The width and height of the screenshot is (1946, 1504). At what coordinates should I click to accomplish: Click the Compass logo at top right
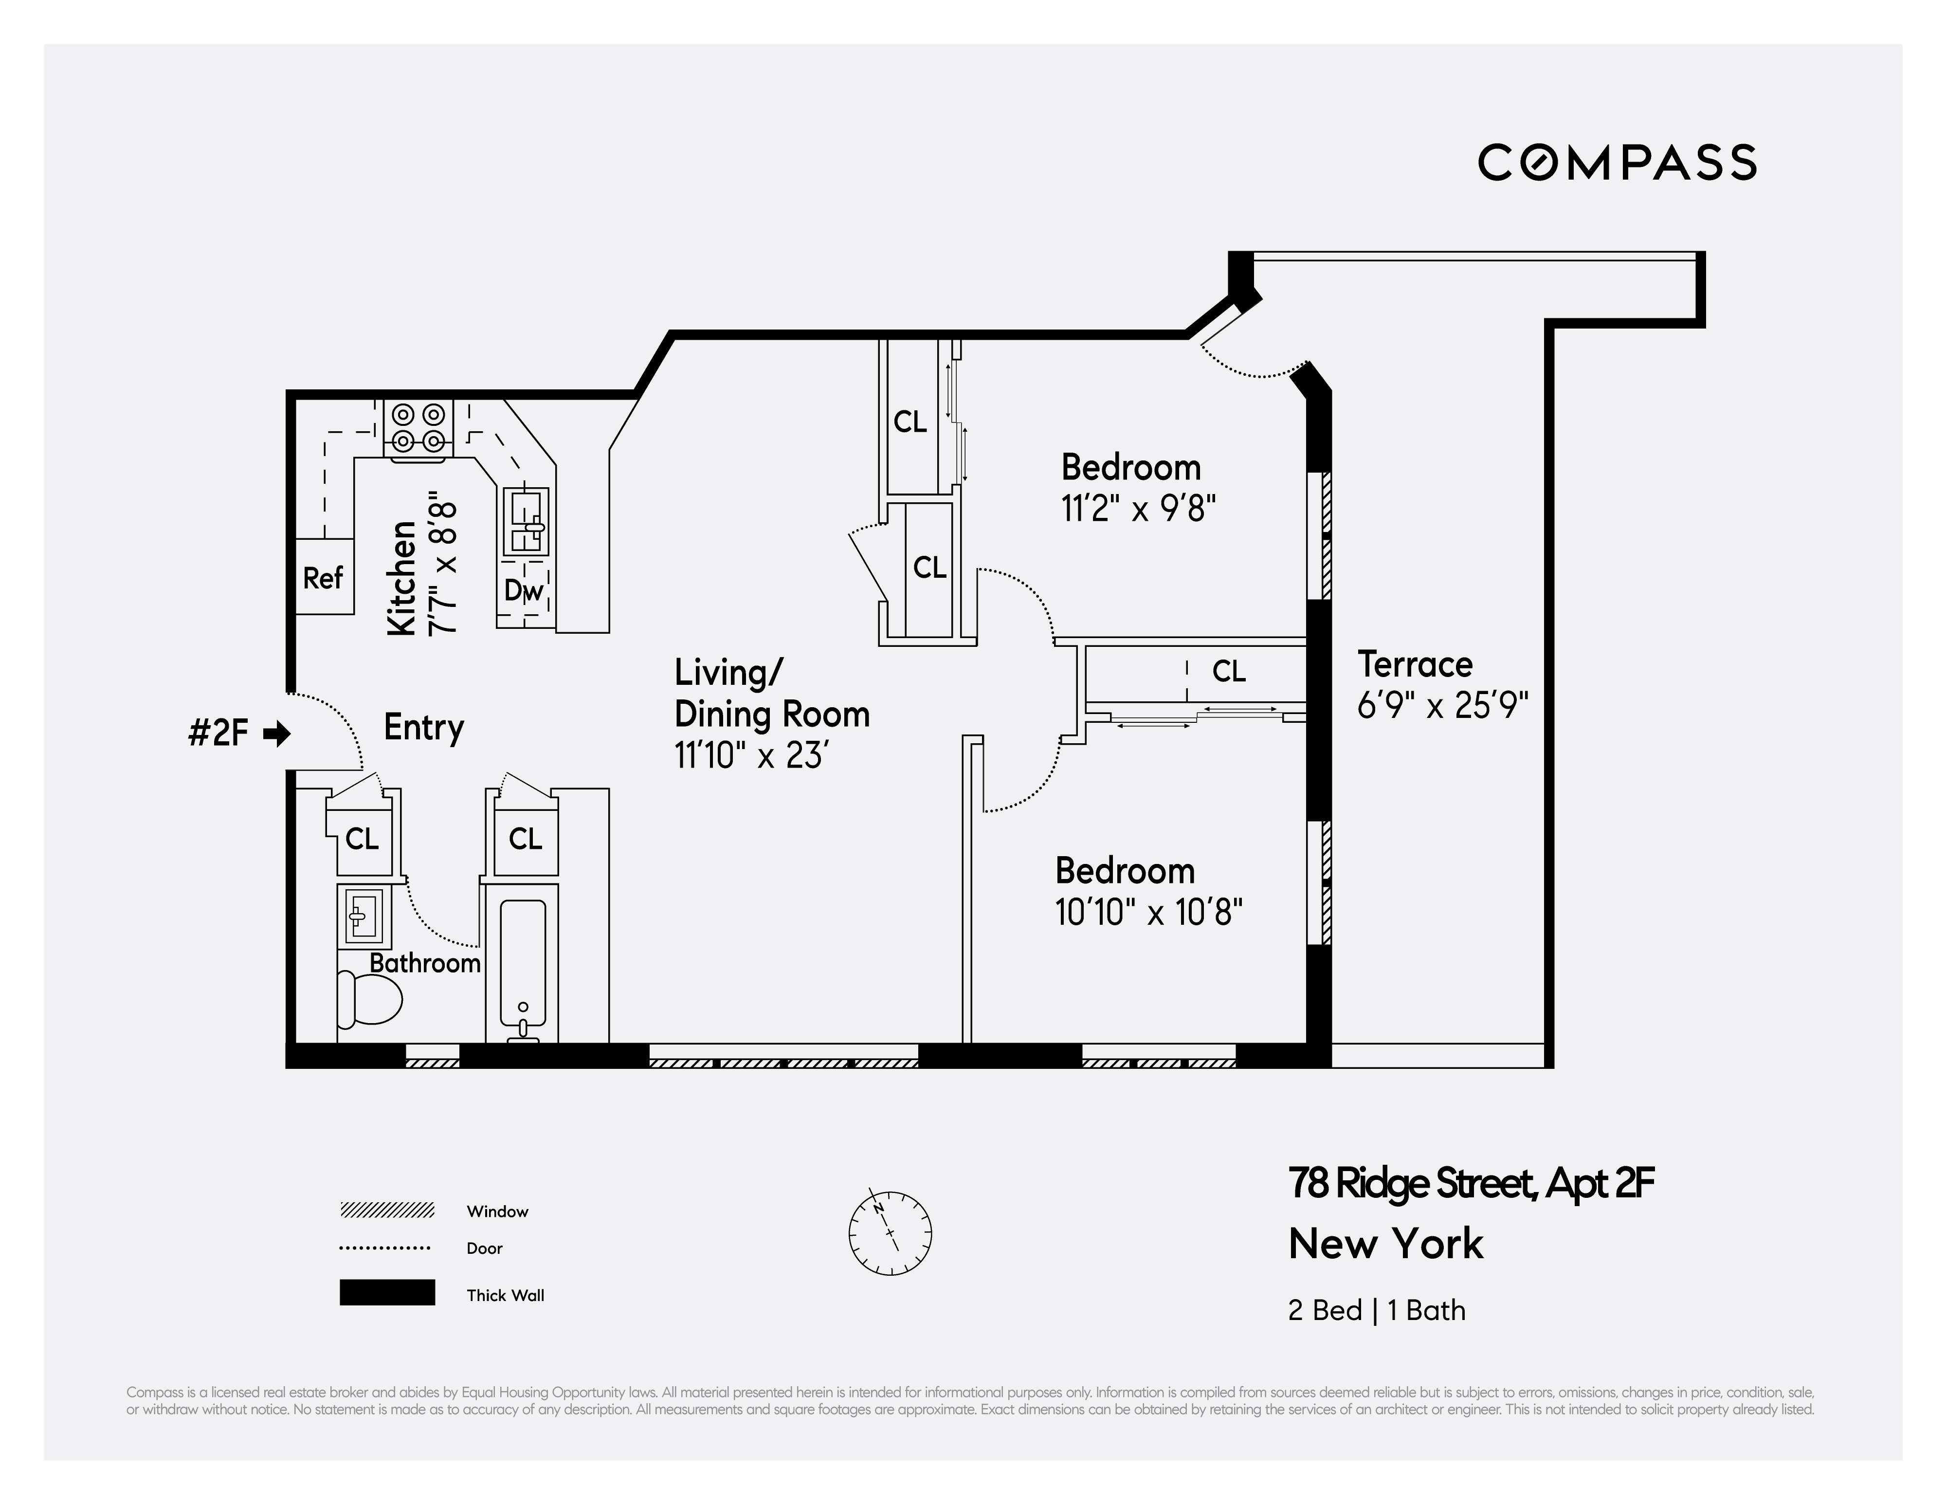1617,163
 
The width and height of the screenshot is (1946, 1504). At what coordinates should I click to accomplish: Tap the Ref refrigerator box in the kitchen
324,577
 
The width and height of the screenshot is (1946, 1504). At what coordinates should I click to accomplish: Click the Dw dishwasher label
523,590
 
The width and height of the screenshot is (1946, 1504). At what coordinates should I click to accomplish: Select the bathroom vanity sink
363,915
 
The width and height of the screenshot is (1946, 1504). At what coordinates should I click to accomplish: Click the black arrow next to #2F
277,734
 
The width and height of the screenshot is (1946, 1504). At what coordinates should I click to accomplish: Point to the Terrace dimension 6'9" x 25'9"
1442,706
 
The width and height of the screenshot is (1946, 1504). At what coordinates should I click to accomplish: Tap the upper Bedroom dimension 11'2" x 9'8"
1138,509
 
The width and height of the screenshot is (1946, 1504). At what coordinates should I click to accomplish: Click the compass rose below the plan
890,1233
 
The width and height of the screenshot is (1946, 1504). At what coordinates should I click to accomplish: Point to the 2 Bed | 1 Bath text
1376,1311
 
